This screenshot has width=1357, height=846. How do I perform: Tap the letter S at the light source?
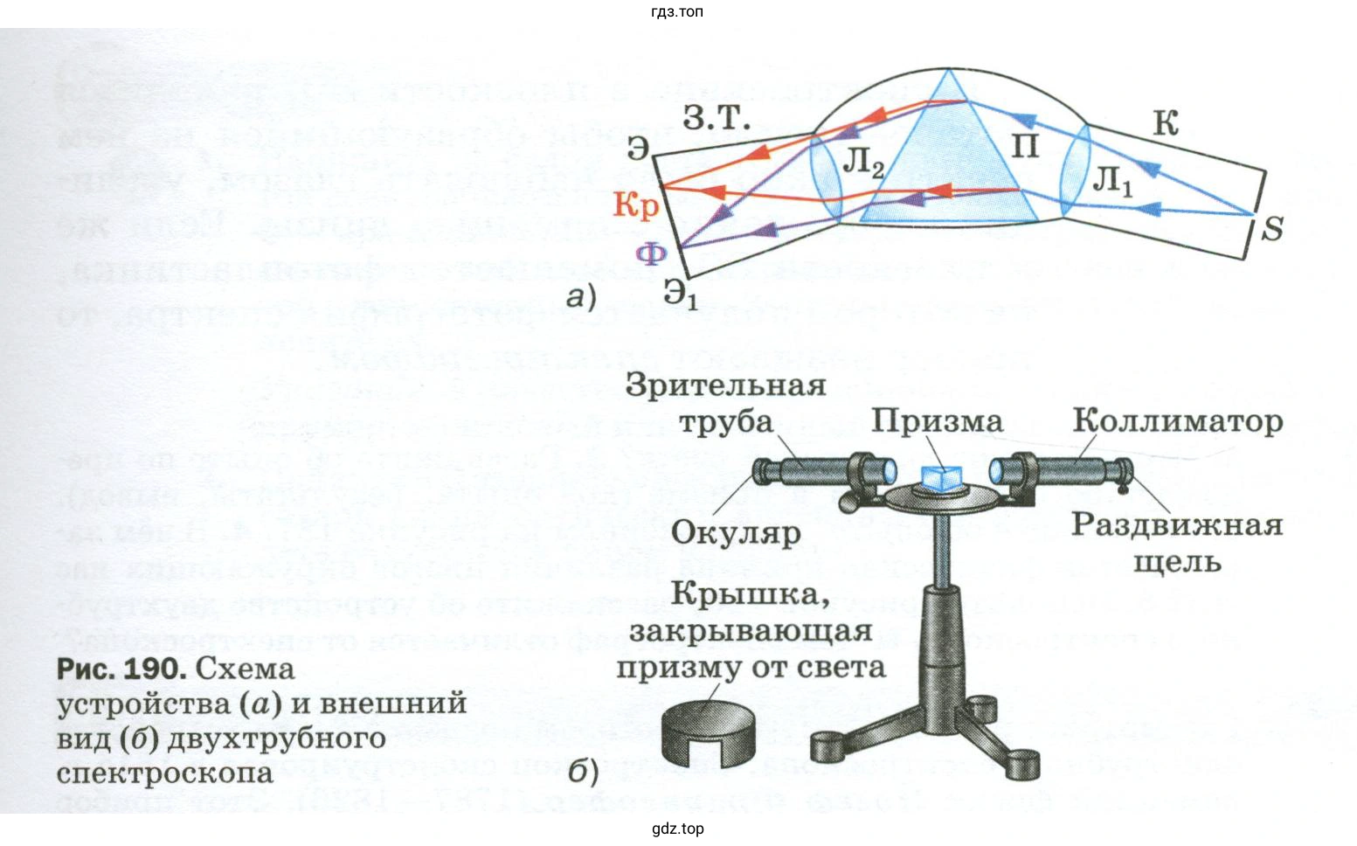click(1271, 229)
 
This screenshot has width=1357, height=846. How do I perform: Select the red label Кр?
click(634, 205)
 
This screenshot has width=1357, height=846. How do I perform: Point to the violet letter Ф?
click(651, 254)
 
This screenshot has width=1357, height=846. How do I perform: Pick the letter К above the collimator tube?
click(1166, 123)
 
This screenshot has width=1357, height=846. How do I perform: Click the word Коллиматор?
click(1177, 421)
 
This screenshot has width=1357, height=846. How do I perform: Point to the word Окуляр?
click(736, 533)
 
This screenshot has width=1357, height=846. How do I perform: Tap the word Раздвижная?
click(1176, 525)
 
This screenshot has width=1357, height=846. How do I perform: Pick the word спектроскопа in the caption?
click(164, 773)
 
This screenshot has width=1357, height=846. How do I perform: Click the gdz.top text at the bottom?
click(677, 829)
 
